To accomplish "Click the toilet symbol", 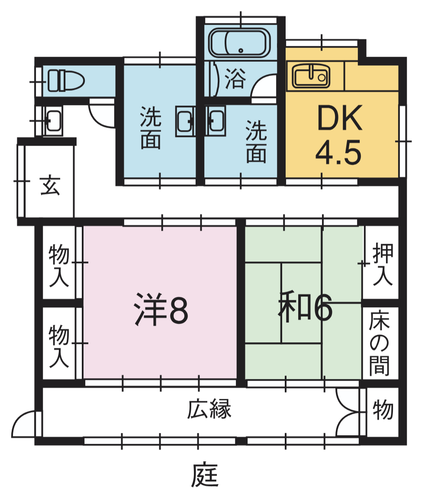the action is pyautogui.click(x=66, y=80).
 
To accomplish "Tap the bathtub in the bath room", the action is pyautogui.click(x=239, y=43).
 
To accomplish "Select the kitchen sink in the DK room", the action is pyautogui.click(x=311, y=76).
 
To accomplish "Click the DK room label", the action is pyautogui.click(x=340, y=118).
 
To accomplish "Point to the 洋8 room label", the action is pyautogui.click(x=161, y=309).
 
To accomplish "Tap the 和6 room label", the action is pyautogui.click(x=305, y=307).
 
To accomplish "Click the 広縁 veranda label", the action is pyautogui.click(x=209, y=409).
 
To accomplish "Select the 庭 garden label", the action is pyautogui.click(x=205, y=475).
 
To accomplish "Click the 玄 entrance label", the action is pyautogui.click(x=50, y=185).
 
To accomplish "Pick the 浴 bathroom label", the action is pyautogui.click(x=235, y=78).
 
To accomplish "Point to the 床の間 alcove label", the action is pyautogui.click(x=380, y=343).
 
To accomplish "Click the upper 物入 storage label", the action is pyautogui.click(x=59, y=265).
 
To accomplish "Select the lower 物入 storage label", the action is pyautogui.click(x=59, y=346).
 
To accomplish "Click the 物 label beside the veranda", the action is pyautogui.click(x=383, y=409).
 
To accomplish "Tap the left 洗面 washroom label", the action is pyautogui.click(x=151, y=127).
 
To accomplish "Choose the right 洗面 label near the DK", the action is pyautogui.click(x=256, y=141).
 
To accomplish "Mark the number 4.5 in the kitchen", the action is pyautogui.click(x=338, y=153).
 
